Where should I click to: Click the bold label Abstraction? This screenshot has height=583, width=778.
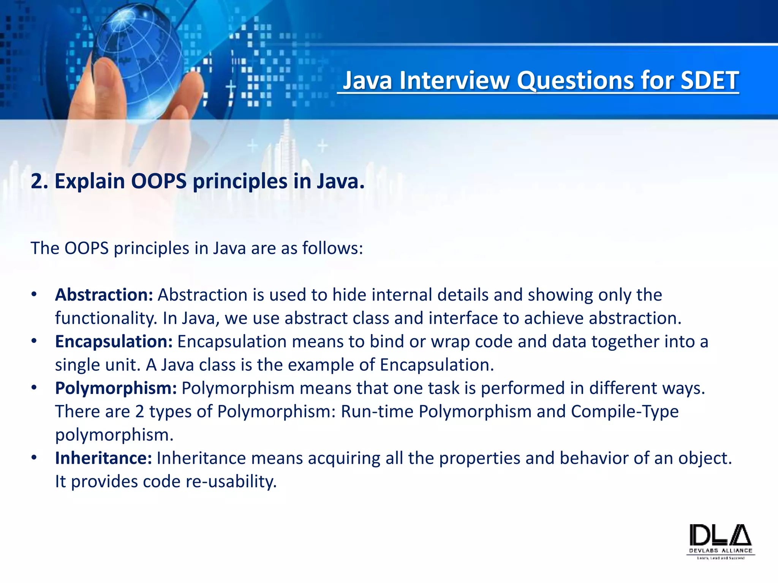(104, 295)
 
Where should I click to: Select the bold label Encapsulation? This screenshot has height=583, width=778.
(114, 342)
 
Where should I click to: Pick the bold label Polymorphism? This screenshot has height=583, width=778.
(116, 388)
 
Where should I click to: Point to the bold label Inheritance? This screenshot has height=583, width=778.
(103, 458)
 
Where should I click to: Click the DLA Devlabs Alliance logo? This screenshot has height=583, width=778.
(721, 540)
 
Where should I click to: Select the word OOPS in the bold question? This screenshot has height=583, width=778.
(159, 181)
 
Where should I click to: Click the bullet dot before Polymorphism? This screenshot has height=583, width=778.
(34, 388)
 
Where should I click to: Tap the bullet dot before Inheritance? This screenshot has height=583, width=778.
(34, 458)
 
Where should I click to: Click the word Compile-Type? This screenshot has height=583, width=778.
(625, 412)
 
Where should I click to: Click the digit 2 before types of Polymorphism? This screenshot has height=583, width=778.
(139, 412)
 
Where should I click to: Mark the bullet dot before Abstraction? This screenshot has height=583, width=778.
(34, 295)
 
